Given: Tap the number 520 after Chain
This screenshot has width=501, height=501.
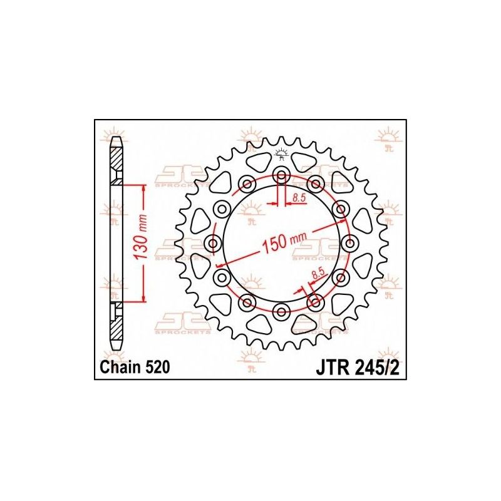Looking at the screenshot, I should [154, 369].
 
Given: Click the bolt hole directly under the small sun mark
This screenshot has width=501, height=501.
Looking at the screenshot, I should [281, 175].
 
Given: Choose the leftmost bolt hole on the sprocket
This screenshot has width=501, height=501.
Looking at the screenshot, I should [212, 243].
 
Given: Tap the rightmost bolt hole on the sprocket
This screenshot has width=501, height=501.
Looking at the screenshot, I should [349, 243].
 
